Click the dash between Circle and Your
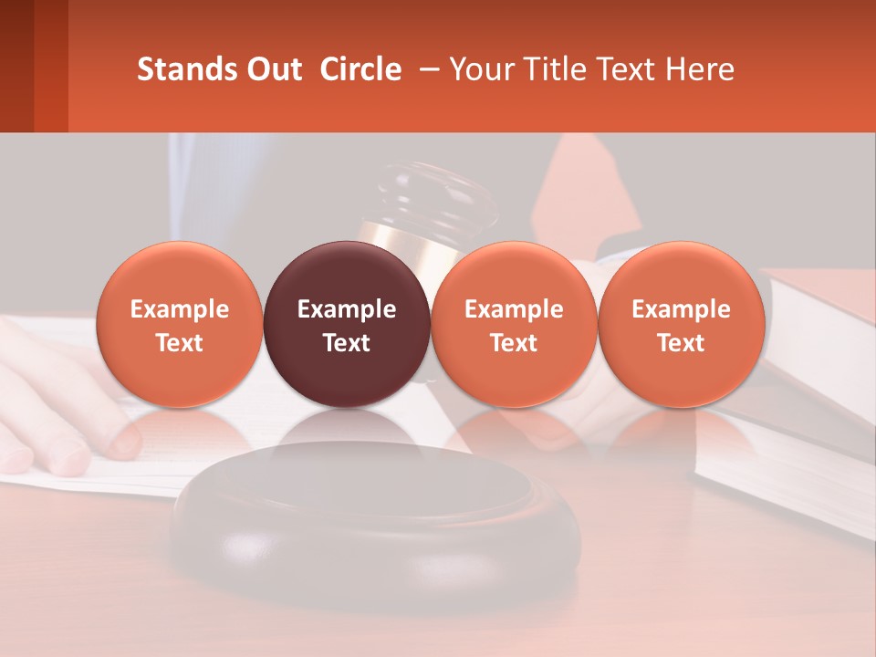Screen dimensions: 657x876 pos(425,70)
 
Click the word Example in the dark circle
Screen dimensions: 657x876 pos(347,309)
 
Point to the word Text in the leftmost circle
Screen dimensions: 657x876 pos(180,343)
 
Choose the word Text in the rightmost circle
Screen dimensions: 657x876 pos(681,343)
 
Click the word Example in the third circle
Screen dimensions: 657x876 pos(514,309)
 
